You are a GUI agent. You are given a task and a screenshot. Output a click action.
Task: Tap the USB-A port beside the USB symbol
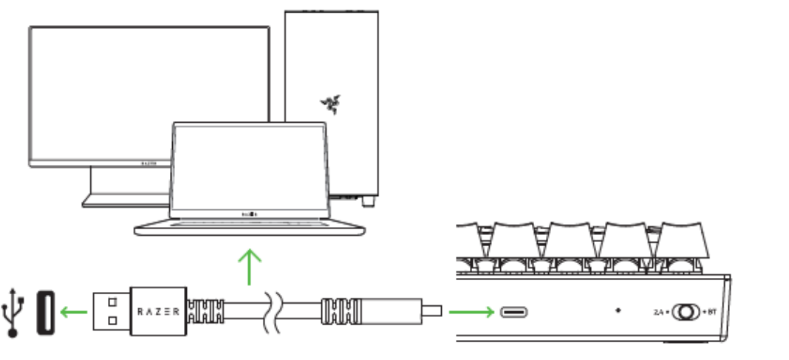[x=45, y=310]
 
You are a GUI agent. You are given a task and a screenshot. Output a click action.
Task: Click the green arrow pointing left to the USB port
[x=73, y=310]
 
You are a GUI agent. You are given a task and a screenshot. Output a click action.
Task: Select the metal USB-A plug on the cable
[x=110, y=310]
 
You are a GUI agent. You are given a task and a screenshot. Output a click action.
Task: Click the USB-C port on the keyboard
[x=515, y=311]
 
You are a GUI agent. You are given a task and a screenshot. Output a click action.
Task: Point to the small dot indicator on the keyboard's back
[x=618, y=310]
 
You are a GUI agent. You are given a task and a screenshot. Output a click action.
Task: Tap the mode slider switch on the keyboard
[x=685, y=311]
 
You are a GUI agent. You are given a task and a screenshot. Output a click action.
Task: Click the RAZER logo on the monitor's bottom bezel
[x=148, y=160]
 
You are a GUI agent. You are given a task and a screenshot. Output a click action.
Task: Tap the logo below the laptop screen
[x=250, y=214]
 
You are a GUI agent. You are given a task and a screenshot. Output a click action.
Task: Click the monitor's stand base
[x=126, y=200]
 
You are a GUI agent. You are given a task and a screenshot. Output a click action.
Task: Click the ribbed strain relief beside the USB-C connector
[x=337, y=310]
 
